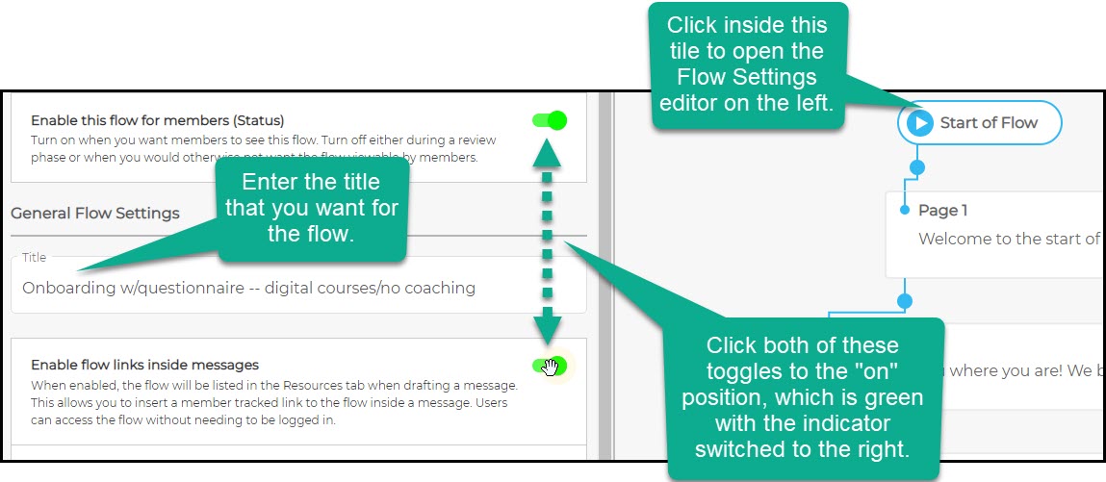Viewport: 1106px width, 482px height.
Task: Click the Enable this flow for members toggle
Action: pyautogui.click(x=549, y=120)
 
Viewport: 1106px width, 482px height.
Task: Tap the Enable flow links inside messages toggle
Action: pyautogui.click(x=549, y=366)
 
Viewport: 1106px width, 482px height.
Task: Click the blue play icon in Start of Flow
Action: pyautogui.click(x=920, y=123)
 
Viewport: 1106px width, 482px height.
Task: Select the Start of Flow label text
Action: pyautogui.click(x=989, y=123)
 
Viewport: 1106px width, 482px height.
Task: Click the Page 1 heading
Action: pyautogui.click(x=942, y=211)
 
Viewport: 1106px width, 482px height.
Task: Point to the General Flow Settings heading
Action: pyautogui.click(x=95, y=214)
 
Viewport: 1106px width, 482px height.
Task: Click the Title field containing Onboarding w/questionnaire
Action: pyautogui.click(x=298, y=288)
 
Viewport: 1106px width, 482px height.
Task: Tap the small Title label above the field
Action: pyautogui.click(x=35, y=258)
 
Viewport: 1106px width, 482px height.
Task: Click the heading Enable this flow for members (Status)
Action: pyautogui.click(x=157, y=121)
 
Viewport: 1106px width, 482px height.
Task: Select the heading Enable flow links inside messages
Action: pyautogui.click(x=144, y=365)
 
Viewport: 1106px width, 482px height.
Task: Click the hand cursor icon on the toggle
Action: pyautogui.click(x=551, y=367)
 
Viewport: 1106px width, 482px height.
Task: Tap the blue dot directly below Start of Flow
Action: pyautogui.click(x=917, y=167)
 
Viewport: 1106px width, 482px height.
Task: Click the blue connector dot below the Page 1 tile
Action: pyautogui.click(x=904, y=301)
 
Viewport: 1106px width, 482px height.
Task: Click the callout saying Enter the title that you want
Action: pyautogui.click(x=310, y=207)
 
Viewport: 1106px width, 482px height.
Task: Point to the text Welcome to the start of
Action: pyautogui.click(x=1008, y=239)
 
